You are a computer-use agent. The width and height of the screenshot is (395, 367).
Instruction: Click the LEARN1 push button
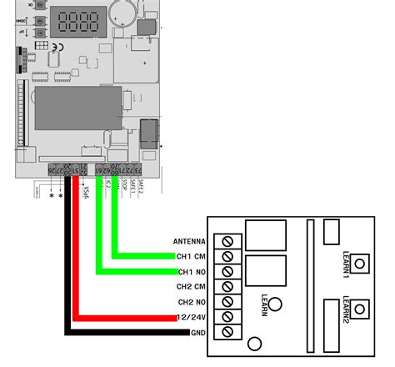click(x=359, y=264)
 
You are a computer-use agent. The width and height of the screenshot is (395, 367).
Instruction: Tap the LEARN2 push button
click(x=359, y=310)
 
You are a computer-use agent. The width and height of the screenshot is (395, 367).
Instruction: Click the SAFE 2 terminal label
click(x=141, y=188)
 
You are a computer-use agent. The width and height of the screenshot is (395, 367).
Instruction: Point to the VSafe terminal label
click(x=85, y=193)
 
